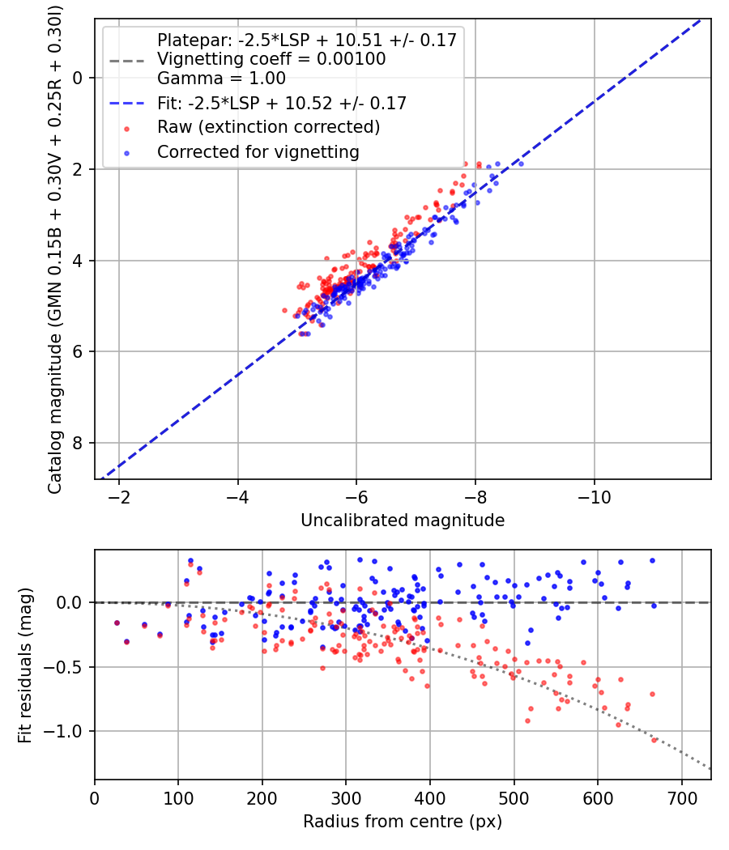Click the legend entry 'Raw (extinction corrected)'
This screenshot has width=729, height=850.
coord(268,127)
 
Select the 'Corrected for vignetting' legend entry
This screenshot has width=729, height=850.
coord(258,151)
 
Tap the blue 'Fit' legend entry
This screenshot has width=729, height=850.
coord(281,103)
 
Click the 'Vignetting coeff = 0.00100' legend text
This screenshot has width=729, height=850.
coord(271,59)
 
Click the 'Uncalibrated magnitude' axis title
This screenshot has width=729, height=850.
coord(403,521)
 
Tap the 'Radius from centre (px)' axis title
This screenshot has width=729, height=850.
coord(403,822)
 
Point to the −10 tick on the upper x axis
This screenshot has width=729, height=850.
coord(595,495)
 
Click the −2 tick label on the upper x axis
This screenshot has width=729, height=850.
coord(119,495)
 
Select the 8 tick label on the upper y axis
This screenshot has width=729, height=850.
coord(79,443)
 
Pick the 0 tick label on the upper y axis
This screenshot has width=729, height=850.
coord(79,78)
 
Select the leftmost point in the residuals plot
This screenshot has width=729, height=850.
coord(117,623)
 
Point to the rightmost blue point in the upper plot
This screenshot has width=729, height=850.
coord(520,164)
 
